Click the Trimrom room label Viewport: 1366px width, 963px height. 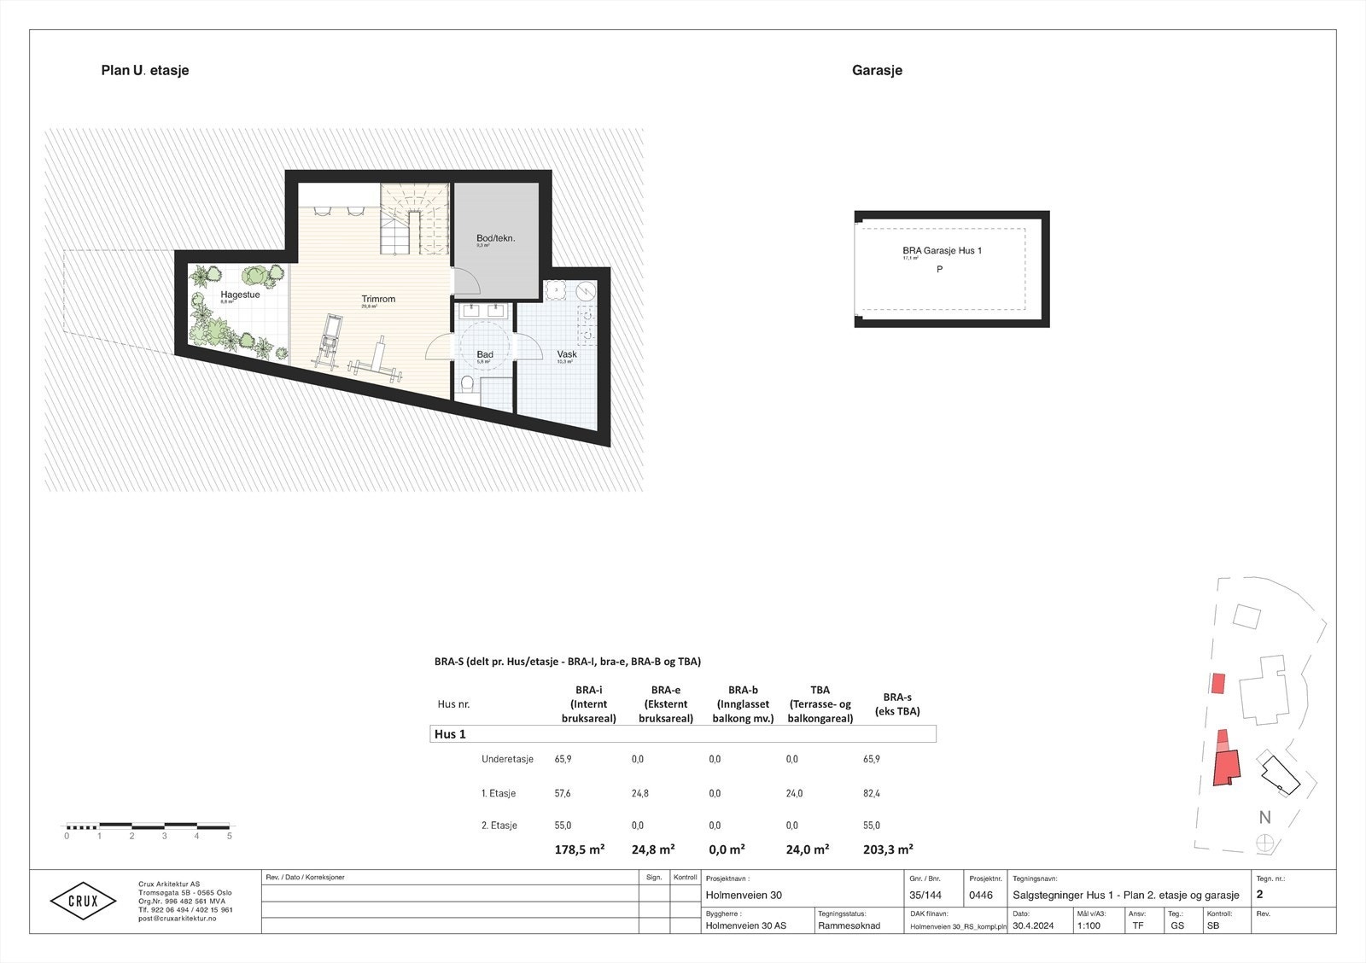(378, 300)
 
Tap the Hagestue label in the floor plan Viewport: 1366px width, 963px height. (240, 295)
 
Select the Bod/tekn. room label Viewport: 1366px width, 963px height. (495, 239)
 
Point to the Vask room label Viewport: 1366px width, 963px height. (567, 354)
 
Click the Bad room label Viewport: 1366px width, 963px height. (485, 354)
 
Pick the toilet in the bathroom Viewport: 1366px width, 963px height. (466, 387)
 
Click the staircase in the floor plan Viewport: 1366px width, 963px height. (413, 220)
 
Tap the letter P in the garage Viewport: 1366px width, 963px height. (939, 270)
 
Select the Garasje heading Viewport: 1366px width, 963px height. (877, 71)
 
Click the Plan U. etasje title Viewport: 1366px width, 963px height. (145, 71)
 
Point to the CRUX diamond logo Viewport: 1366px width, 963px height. (83, 901)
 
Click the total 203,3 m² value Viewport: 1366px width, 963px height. (888, 849)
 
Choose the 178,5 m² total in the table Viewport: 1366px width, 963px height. (579, 849)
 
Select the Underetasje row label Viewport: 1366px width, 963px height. (507, 759)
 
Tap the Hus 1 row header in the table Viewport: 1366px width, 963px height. (450, 734)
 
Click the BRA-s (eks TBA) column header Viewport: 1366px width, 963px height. (896, 704)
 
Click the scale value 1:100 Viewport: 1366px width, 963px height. (1089, 925)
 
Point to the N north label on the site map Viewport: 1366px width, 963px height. (1264, 817)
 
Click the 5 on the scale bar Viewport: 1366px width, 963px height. (229, 837)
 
